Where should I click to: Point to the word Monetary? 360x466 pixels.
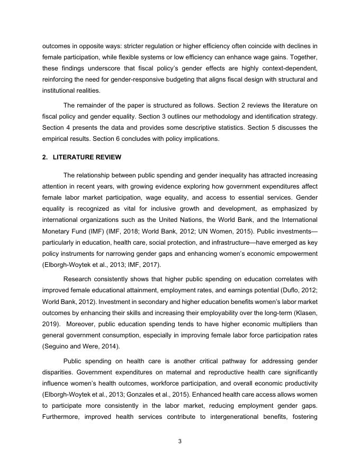pyautogui.click(x=56, y=231)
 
